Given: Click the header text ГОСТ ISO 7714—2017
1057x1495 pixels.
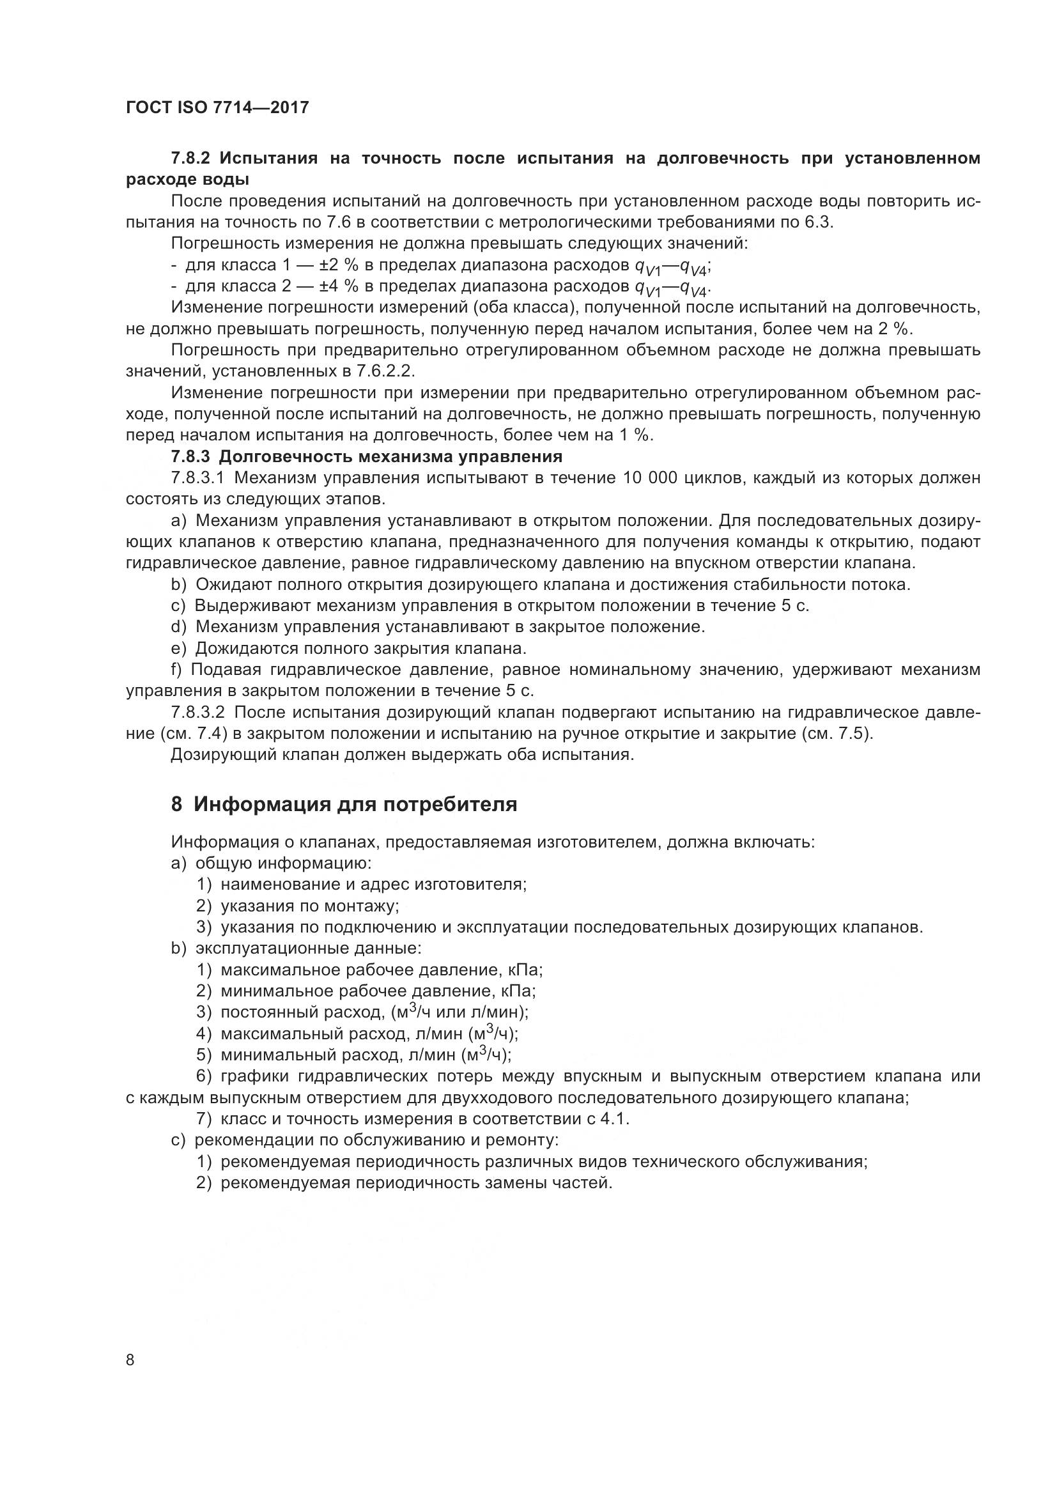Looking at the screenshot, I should click(x=217, y=108).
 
